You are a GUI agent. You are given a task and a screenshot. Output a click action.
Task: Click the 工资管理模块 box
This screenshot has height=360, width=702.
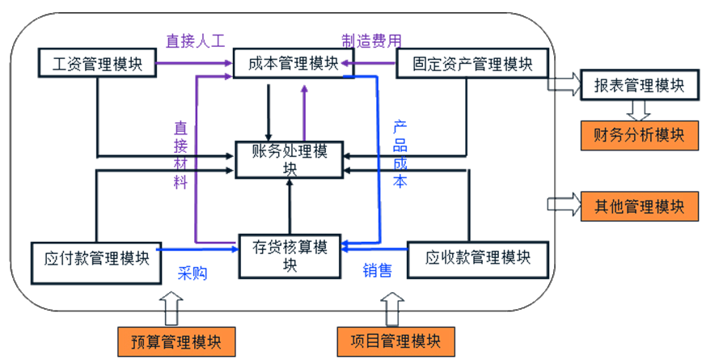coord(97,63)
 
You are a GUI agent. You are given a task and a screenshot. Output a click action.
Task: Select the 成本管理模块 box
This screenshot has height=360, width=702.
coord(293,63)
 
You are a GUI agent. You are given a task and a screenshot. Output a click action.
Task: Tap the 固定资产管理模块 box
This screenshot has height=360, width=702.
coord(472,63)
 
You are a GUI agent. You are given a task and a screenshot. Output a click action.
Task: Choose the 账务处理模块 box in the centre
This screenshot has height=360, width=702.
coord(289,159)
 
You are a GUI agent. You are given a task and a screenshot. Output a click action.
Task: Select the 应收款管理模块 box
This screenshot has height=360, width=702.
coord(478,259)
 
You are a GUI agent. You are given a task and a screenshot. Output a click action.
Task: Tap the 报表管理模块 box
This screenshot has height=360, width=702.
coord(639,84)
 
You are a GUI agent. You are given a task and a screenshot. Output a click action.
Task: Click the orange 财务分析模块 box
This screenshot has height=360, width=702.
coord(639,134)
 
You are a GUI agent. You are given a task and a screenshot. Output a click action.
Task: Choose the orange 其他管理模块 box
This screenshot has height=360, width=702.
coord(639,205)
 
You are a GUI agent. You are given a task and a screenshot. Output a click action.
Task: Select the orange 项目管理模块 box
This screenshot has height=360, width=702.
coord(395,339)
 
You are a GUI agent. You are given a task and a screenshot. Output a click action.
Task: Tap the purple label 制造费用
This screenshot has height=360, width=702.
coord(370,40)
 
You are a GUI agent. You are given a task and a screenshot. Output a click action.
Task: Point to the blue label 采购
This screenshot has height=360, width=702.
coord(192,273)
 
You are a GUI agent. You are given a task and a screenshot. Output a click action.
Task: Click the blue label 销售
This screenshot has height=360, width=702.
coord(377,271)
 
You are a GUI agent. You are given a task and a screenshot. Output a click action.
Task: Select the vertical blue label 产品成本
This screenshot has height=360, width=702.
coord(400,155)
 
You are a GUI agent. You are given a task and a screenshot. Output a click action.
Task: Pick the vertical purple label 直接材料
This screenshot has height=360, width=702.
coord(180,155)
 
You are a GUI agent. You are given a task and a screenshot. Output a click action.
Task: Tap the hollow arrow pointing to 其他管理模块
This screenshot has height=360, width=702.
coord(564,205)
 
